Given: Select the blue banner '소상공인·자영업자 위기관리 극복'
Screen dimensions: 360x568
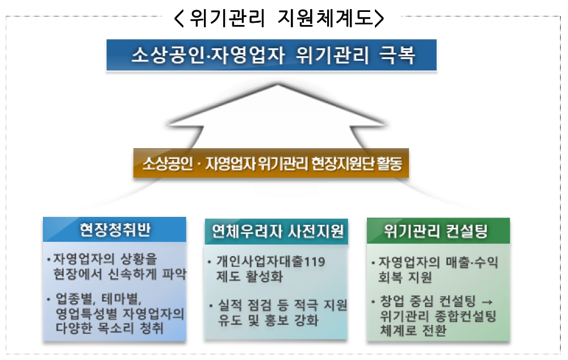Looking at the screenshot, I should [x=272, y=55].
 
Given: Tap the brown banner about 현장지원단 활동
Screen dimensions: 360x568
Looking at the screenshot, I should [x=272, y=164].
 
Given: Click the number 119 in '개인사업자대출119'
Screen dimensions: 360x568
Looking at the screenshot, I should [x=315, y=262].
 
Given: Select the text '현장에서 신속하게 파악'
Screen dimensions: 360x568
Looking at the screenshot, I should [x=117, y=275].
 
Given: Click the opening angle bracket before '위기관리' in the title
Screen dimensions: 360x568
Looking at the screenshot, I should [x=180, y=18].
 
